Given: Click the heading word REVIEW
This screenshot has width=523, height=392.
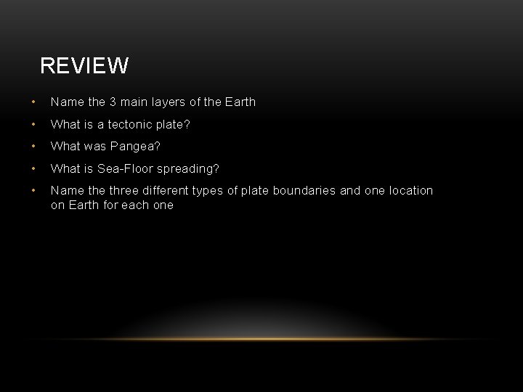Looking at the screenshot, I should pos(84,66).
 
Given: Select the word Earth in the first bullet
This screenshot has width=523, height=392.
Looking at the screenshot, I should pos(240,102).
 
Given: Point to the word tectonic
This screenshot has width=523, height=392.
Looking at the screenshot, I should pos(127,124).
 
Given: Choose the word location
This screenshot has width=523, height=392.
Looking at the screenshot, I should pos(410,190).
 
